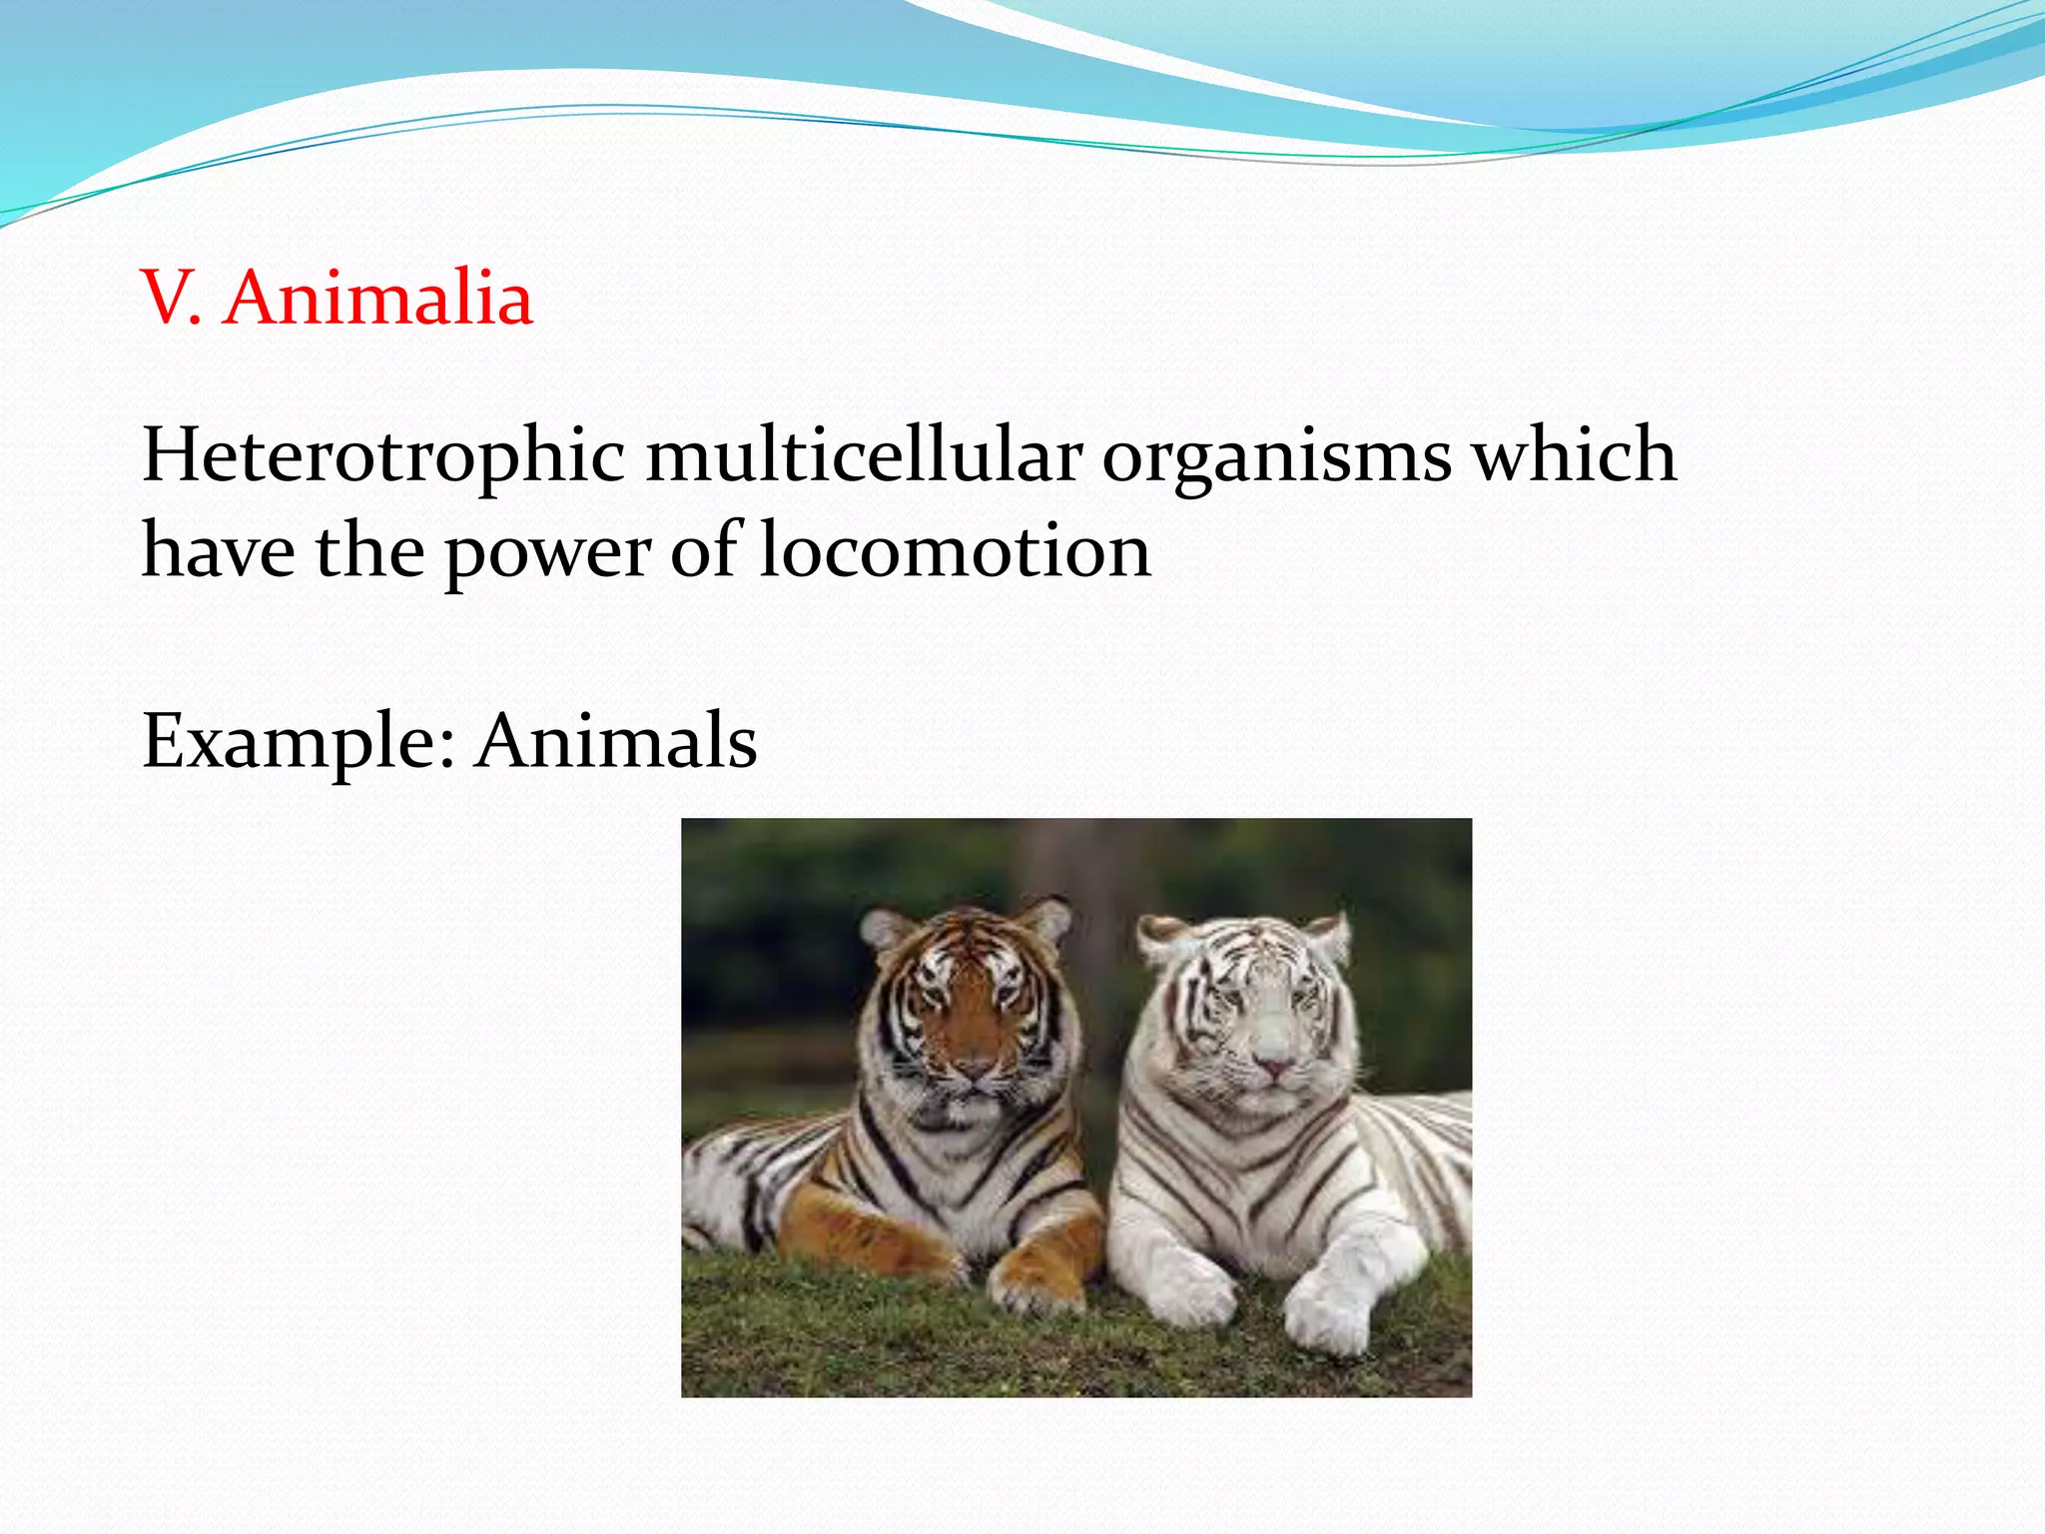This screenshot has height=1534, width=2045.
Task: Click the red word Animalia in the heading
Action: coord(378,299)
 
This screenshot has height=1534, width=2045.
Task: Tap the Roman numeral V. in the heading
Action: coord(171,299)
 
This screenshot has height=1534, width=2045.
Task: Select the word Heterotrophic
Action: coord(383,455)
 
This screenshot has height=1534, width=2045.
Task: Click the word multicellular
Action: coord(864,455)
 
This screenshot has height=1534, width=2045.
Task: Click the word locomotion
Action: coord(955,550)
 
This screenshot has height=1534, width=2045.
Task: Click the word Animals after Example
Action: coord(616,741)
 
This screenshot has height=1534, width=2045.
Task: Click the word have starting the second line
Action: coord(219,550)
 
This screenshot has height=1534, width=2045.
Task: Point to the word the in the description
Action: coord(369,550)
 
